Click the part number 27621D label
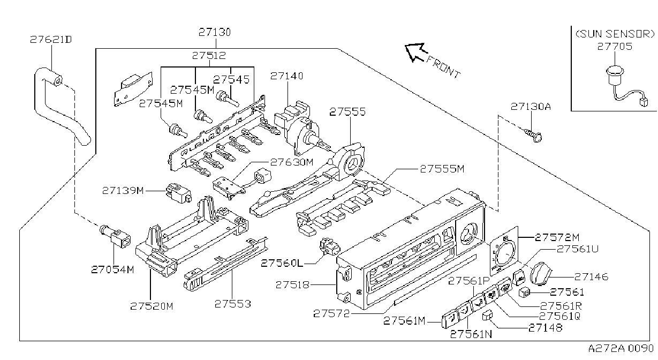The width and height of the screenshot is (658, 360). (x=51, y=40)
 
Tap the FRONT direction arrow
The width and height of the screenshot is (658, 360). (x=415, y=52)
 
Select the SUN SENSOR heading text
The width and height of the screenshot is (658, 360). (x=615, y=34)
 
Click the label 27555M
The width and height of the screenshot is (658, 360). (x=442, y=169)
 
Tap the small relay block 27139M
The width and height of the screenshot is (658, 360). (x=178, y=192)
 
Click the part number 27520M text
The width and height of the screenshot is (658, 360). (x=152, y=306)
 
